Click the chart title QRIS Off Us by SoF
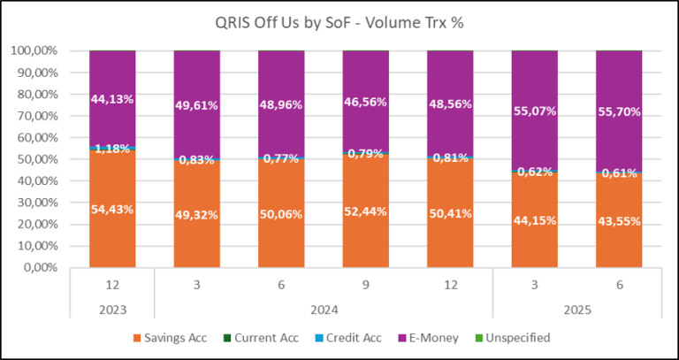[339, 24]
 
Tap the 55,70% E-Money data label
[618, 112]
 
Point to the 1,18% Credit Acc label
[112, 148]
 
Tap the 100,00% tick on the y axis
[34, 51]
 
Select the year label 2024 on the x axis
[323, 310]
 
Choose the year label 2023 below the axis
[112, 310]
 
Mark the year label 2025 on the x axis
[576, 310]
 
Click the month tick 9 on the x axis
[365, 286]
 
